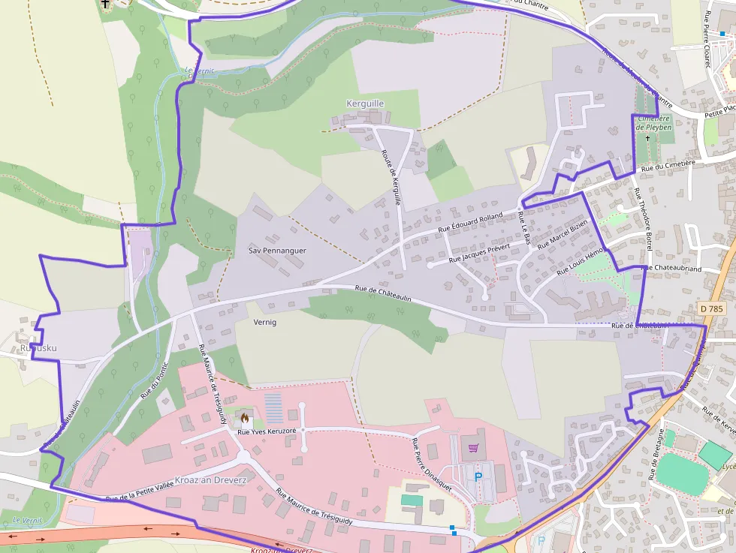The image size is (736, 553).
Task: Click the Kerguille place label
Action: (x=364, y=103)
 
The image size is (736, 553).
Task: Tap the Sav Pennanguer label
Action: (x=277, y=251)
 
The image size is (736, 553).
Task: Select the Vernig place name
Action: (x=265, y=322)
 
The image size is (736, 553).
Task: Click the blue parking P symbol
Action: (x=478, y=476)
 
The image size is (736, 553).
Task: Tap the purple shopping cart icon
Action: (x=473, y=448)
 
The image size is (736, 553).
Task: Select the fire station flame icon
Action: (x=244, y=415)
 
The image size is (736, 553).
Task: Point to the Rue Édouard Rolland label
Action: (x=470, y=223)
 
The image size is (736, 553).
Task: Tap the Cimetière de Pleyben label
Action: (x=653, y=123)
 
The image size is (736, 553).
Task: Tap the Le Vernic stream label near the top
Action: (x=199, y=71)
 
